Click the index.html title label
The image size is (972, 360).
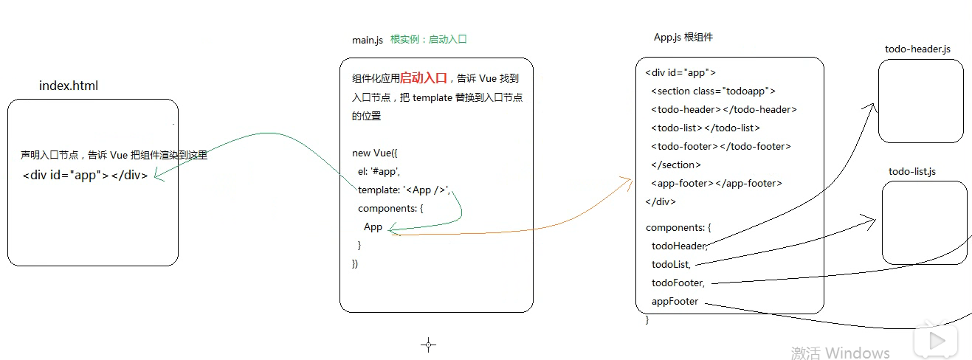68,86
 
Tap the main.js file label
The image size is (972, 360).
368,40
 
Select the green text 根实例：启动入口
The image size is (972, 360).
429,40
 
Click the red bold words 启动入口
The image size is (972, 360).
424,78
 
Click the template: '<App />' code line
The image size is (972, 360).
403,190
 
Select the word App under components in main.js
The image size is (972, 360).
373,226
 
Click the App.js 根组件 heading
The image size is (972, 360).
683,38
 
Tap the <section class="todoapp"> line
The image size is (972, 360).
713,91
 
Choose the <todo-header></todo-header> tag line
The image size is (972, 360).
723,110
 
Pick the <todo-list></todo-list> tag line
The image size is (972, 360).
705,128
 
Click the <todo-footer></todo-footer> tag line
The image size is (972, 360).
720,147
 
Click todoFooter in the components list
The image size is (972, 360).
678,283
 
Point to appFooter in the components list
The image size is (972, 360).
675,301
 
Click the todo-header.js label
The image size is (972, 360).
917,49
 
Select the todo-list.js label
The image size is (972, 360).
912,172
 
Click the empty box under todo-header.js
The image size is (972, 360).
920,101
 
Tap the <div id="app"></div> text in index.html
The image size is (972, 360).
85,176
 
